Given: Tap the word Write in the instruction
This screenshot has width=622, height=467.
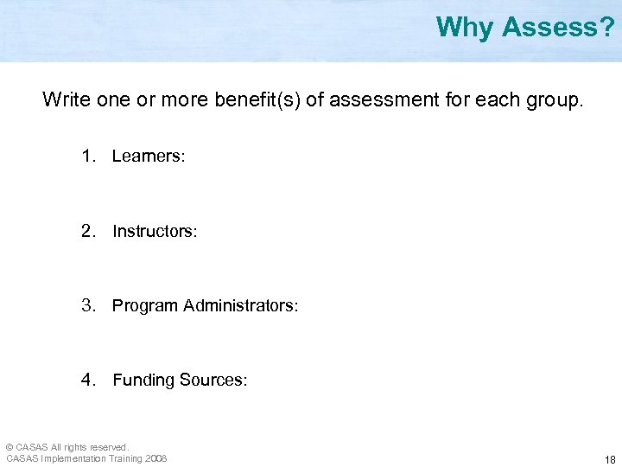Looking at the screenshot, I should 66,99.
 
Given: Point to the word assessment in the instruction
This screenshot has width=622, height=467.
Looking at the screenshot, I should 381,99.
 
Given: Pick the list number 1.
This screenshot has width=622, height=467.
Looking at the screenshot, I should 87,157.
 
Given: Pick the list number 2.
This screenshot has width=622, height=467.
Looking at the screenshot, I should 87,231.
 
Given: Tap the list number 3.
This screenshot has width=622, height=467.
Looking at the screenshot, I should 87,305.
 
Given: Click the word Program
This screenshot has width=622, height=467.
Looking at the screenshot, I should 144,305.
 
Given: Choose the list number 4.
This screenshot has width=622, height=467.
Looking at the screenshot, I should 87,380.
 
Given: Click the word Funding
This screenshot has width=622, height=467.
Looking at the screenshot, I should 143,380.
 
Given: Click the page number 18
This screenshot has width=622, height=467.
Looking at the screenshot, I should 610,459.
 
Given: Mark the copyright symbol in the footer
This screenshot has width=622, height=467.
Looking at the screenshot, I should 10,447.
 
